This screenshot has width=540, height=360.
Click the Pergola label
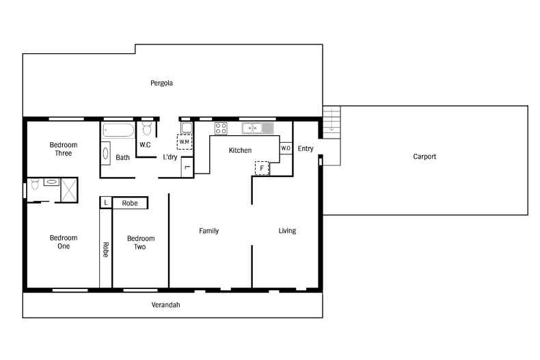(x=161, y=83)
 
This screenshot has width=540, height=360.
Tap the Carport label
(x=424, y=156)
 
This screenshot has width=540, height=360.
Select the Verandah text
(x=165, y=305)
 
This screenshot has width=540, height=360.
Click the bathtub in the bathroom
(x=119, y=130)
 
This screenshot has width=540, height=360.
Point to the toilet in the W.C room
(x=146, y=129)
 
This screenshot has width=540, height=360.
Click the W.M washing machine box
(x=185, y=142)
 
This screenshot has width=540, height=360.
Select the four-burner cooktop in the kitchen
(x=221, y=128)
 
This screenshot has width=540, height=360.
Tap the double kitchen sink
(x=257, y=128)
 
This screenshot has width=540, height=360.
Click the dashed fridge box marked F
(x=262, y=167)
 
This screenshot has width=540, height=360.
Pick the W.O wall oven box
(x=286, y=148)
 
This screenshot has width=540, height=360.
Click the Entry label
(x=306, y=148)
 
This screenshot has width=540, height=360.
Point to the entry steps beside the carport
(x=331, y=119)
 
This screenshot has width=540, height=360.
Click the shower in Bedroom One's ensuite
(x=69, y=190)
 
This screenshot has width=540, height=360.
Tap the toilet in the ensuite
(x=35, y=184)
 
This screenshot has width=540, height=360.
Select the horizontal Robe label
(x=130, y=203)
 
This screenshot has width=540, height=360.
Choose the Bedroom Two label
(x=141, y=243)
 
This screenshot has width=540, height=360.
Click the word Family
(x=208, y=231)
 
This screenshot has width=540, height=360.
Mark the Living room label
(x=287, y=231)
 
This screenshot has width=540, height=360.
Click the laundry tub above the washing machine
(x=186, y=127)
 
